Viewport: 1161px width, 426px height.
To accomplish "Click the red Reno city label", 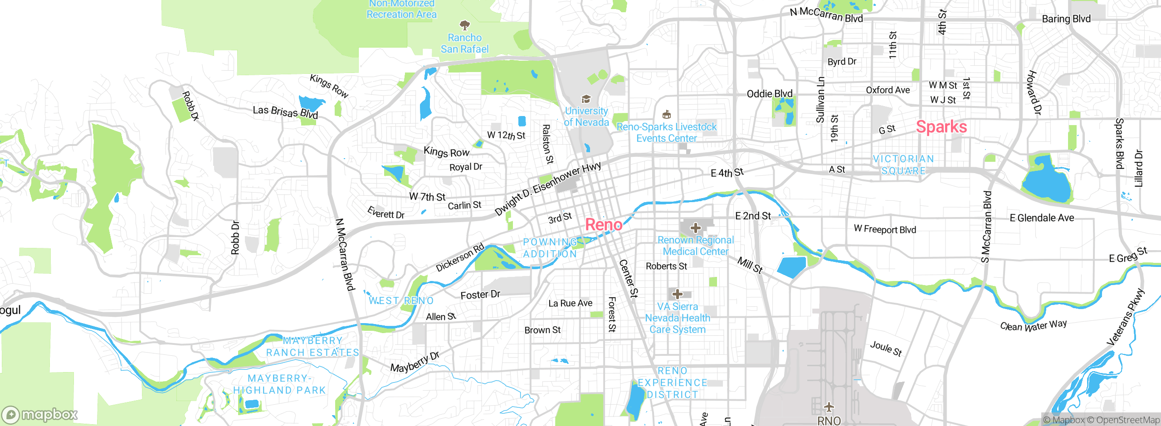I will pos(604,225).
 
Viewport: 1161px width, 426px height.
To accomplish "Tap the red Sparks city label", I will pos(941,127).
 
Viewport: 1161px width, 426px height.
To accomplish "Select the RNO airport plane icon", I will pos(829,407).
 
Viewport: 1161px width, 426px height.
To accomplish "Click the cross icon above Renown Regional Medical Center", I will pos(696,228).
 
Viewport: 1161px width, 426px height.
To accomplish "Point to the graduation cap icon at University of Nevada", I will pos(586,99).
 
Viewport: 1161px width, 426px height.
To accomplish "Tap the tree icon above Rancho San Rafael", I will pos(464,25).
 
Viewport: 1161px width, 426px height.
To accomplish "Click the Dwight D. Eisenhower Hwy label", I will pos(547,189).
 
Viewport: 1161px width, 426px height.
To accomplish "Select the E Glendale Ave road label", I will pos(1042,218).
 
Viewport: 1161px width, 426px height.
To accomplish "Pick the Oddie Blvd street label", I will pos(770,94).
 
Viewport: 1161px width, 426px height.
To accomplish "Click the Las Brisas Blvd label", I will pos(285,112).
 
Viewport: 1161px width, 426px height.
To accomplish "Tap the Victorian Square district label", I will pos(903,165).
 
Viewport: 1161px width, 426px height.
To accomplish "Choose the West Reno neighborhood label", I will pos(401,301).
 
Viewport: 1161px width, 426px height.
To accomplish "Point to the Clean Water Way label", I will pos(1033,325).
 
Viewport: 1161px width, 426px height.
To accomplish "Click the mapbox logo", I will pos(40,415).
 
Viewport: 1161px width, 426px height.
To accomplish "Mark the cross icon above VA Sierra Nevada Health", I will pos(678,294).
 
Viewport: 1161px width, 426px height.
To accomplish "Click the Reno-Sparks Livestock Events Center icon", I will pos(666,114).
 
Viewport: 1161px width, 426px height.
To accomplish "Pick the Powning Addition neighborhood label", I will pos(550,248).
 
